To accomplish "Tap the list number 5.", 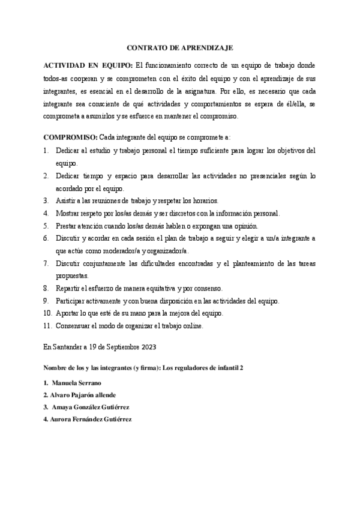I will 46,226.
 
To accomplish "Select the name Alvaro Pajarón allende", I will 83,394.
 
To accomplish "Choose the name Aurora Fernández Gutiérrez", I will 92,419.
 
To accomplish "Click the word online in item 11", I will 191,326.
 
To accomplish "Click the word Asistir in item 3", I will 66,200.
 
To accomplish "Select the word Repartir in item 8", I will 69,288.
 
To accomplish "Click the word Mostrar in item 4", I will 68,213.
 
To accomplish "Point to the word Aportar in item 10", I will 68,313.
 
